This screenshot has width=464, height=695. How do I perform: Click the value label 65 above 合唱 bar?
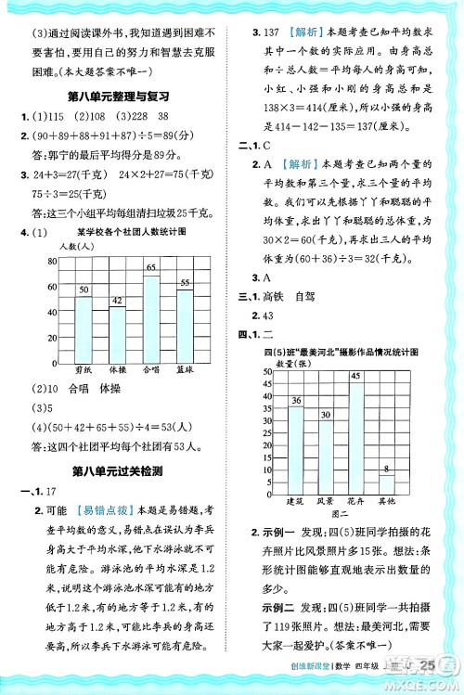(x=150, y=267)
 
